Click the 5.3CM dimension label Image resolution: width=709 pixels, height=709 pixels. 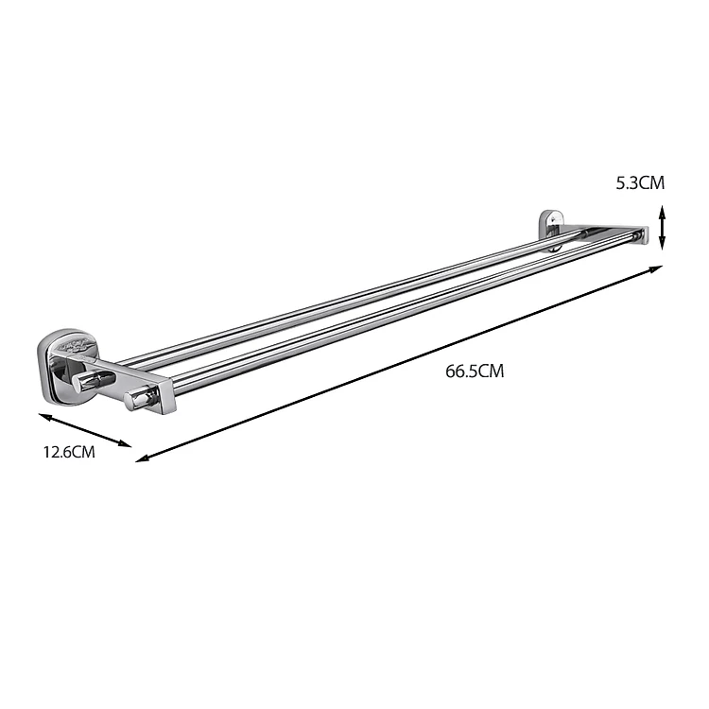[640, 183]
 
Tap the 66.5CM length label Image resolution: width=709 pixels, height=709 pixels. [475, 372]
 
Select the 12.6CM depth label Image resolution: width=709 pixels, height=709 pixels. [69, 452]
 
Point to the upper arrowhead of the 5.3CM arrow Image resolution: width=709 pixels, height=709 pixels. [662, 210]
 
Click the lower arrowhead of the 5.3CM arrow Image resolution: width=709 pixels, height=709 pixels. [662, 244]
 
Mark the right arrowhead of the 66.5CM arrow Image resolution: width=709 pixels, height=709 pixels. [657, 268]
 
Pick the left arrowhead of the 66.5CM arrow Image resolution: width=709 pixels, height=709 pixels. [142, 458]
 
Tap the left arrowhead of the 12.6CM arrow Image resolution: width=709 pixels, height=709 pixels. [44, 417]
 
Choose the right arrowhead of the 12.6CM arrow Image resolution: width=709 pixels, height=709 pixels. [125, 444]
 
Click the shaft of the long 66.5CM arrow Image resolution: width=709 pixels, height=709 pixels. [399, 364]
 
